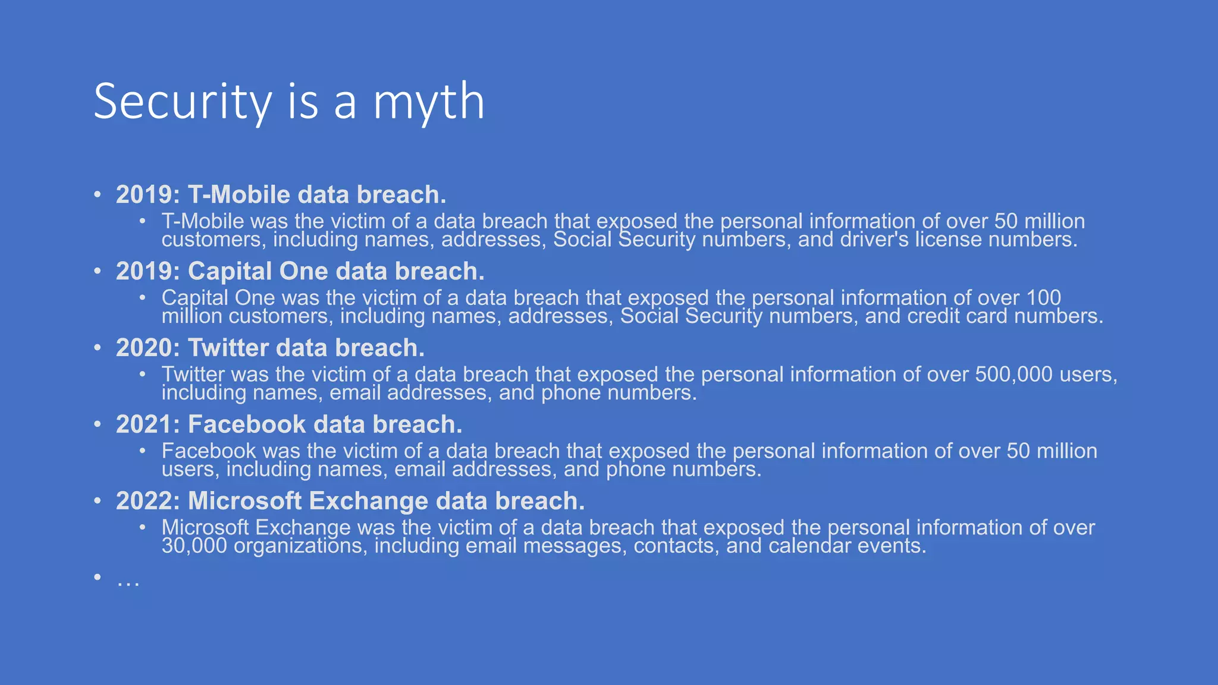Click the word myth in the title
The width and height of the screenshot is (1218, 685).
click(428, 102)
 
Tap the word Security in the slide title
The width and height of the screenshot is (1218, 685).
click(183, 102)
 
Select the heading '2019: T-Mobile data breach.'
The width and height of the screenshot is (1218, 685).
click(281, 194)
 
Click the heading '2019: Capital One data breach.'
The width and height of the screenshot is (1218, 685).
click(300, 271)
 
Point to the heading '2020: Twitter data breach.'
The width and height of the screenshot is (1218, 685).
click(270, 348)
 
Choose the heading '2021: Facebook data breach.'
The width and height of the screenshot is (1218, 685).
click(288, 425)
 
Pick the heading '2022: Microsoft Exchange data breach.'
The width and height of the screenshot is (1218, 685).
click(350, 501)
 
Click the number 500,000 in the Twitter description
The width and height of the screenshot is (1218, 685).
click(1013, 375)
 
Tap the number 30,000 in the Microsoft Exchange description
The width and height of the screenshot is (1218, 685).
click(194, 546)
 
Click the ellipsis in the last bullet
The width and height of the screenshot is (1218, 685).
click(128, 580)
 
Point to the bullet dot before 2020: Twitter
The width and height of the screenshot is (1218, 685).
click(98, 348)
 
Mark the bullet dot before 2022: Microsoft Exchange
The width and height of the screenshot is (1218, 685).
click(98, 501)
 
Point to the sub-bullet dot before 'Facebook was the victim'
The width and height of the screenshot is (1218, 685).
click(143, 451)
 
